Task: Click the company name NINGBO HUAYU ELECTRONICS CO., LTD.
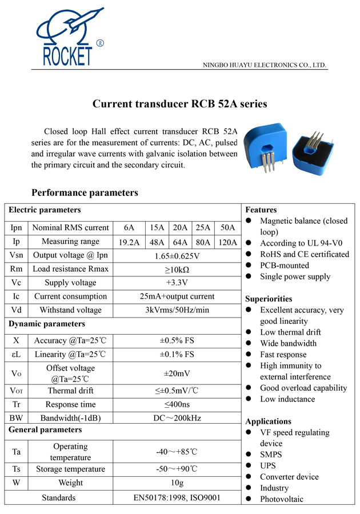(265, 65)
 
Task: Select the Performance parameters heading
(85, 192)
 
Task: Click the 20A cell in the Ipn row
(180, 227)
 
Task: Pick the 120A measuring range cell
(227, 242)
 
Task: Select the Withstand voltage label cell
(70, 310)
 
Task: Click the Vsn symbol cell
(16, 255)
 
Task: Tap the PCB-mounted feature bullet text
(284, 266)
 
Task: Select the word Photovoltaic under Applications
(282, 499)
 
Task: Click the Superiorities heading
(269, 299)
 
